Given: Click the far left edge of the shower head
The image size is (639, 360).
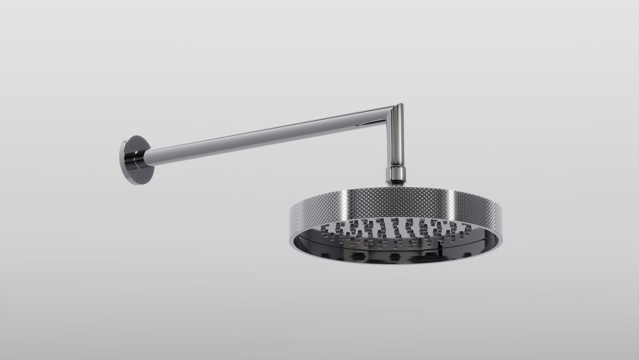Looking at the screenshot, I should pyautogui.click(x=291, y=216).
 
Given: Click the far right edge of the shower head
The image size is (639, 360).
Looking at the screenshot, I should pyautogui.click(x=504, y=220).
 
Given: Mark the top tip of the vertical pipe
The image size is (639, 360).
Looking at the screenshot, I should pyautogui.click(x=400, y=104).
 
